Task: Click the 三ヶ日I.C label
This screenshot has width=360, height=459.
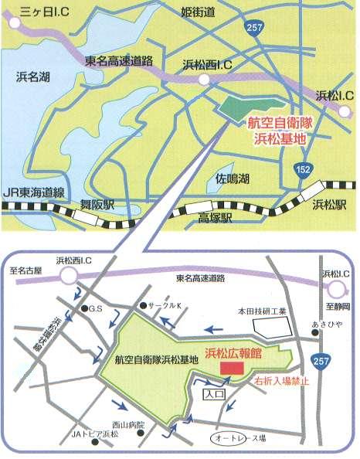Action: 36,11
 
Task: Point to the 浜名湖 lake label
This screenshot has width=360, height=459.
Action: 32,76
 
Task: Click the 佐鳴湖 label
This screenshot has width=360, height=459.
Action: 233,178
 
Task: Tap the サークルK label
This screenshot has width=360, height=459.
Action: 165,305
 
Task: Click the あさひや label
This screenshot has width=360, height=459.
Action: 324,325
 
